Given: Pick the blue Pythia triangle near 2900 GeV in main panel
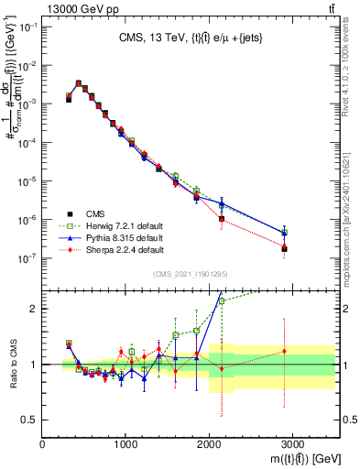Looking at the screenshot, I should (284, 233).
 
